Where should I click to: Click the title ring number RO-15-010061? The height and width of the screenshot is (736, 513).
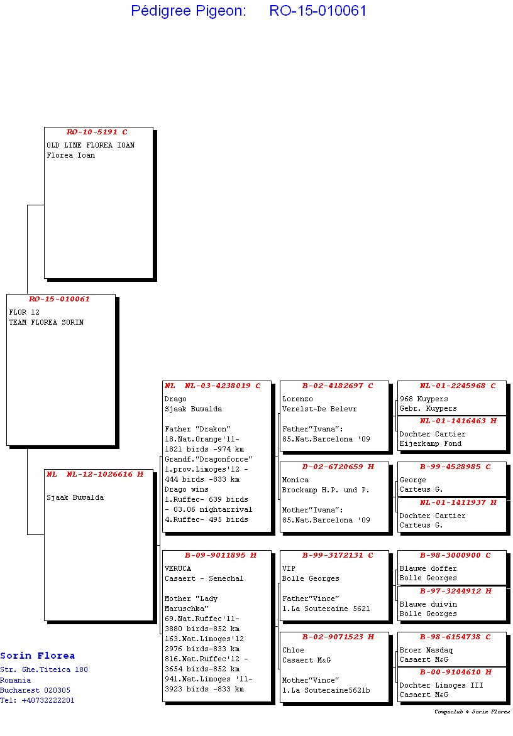[317, 10]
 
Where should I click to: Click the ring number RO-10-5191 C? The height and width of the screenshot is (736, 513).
[97, 132]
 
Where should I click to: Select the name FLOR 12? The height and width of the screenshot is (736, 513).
[24, 312]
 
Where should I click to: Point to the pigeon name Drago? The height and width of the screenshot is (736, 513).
[175, 399]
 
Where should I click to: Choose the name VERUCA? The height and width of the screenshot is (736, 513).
[177, 568]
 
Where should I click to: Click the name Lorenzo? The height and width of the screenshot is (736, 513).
[297, 399]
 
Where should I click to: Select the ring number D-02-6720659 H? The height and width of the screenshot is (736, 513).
[338, 467]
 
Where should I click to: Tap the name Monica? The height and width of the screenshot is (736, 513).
[295, 480]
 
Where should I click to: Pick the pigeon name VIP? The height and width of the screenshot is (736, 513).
[289, 568]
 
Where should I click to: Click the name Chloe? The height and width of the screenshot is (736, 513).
[293, 650]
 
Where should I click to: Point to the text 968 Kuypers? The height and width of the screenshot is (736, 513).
[424, 399]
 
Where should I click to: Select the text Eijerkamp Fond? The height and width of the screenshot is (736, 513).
[430, 443]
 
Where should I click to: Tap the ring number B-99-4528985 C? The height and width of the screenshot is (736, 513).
[455, 467]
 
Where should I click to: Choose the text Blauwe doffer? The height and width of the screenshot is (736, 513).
[428, 568]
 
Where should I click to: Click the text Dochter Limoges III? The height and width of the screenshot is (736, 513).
[441, 685]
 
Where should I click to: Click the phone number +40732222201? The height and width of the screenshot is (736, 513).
[48, 700]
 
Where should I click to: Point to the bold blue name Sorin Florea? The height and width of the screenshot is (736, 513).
[38, 656]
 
